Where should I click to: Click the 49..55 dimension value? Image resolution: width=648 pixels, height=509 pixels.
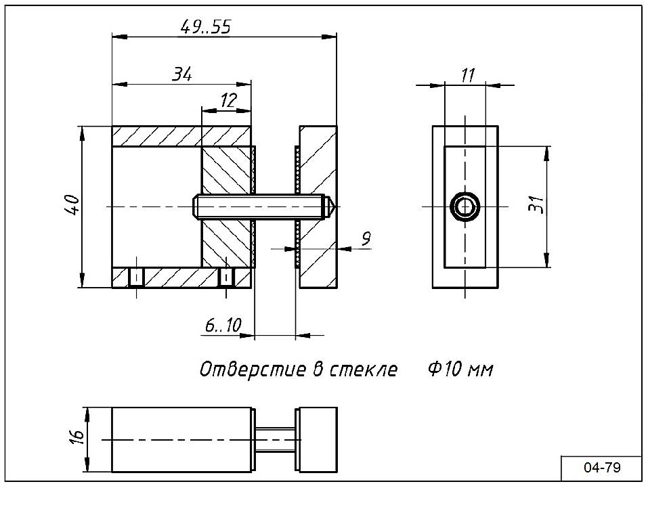207,27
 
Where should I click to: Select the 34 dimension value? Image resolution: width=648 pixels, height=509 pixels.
181,74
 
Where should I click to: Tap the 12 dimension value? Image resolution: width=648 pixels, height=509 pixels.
228,101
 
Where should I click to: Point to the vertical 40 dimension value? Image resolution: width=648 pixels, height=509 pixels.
72,205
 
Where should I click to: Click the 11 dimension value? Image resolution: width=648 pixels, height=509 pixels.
467,76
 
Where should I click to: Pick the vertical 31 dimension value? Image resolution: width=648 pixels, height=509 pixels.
536,205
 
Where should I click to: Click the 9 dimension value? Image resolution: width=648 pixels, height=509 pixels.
366,238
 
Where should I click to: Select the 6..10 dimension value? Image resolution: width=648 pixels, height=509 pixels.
223,326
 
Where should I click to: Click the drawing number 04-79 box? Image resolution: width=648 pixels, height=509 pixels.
601,468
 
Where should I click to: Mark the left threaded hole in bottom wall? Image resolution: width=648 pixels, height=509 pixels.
136,277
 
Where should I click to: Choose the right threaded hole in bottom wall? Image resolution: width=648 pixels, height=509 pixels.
227,277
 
